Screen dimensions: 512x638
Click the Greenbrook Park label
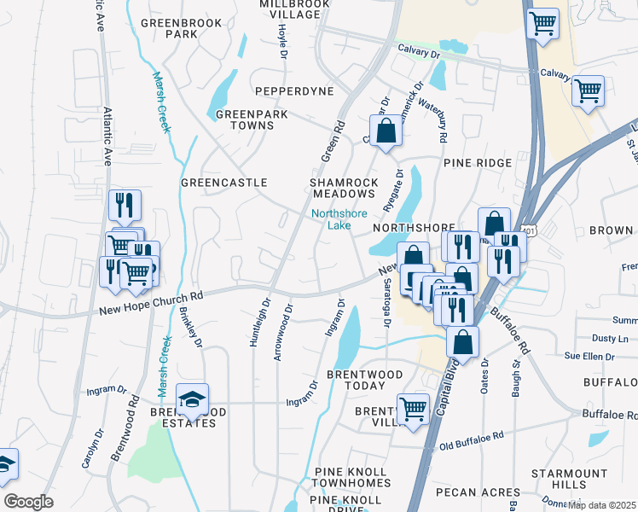169,27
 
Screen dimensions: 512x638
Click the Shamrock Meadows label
344,188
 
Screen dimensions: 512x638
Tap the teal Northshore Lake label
332,219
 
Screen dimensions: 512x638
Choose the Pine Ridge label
477,162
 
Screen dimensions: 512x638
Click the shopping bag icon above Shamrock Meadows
386,131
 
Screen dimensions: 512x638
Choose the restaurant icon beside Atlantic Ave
125,205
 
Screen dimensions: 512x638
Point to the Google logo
29,501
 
